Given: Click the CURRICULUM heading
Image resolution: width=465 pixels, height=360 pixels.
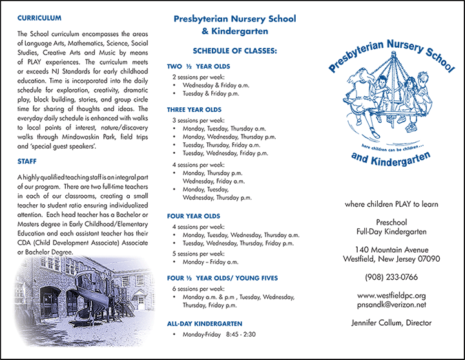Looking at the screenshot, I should [x=39, y=18].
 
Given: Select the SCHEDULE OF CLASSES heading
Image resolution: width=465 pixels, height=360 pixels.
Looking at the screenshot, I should [x=234, y=50].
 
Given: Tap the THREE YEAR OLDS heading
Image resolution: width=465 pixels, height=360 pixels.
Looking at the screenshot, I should [x=194, y=110].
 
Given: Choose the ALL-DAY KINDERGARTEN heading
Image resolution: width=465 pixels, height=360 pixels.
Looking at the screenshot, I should [x=204, y=323].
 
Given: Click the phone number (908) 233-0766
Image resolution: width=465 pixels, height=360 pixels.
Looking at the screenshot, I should [x=391, y=279].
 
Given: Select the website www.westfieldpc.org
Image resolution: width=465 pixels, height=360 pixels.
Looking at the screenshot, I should [x=391, y=295].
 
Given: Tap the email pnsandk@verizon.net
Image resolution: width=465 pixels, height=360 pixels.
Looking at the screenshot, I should [x=391, y=304].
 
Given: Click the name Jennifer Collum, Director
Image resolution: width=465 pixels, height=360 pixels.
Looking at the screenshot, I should [x=391, y=323].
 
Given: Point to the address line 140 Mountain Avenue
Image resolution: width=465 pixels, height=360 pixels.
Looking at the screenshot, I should [x=391, y=249].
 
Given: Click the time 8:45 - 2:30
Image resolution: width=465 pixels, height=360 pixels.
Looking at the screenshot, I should [x=241, y=335].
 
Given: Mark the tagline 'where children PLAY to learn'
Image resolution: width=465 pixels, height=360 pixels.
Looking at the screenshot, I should [x=391, y=204].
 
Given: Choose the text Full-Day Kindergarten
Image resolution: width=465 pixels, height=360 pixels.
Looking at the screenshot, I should [x=391, y=231].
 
